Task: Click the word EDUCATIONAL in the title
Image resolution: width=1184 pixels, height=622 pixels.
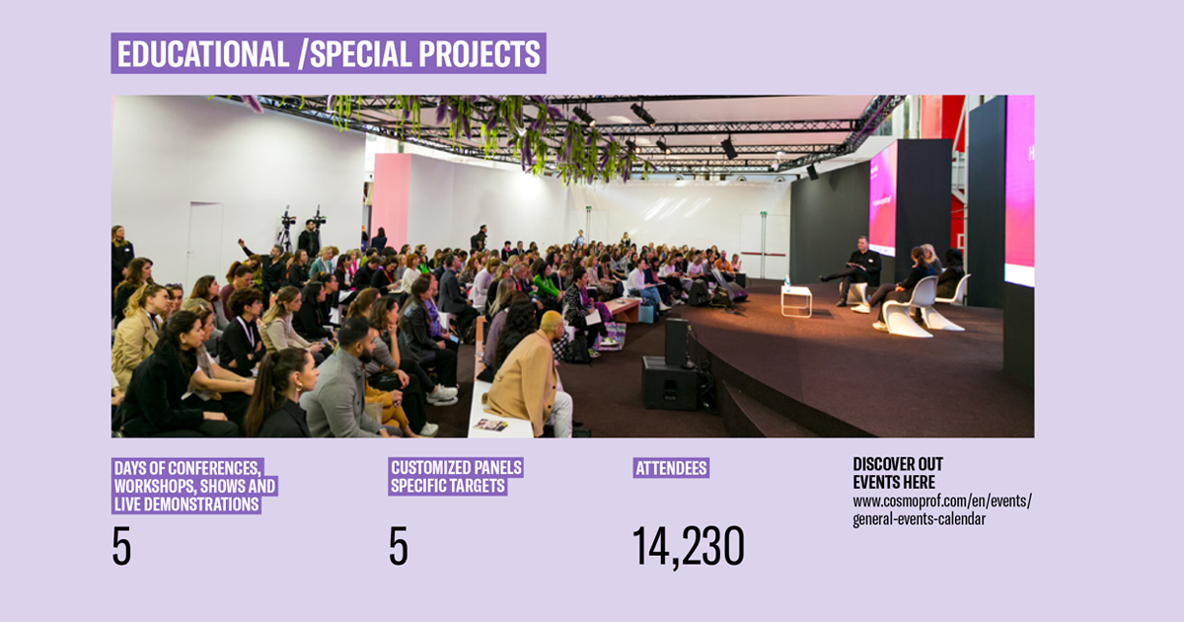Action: [203, 53]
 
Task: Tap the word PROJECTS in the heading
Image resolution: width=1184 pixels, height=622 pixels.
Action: [480, 53]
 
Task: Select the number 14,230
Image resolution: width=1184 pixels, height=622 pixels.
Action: [689, 547]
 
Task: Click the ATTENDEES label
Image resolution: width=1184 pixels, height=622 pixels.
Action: [671, 468]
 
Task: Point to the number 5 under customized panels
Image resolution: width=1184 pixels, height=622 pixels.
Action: [399, 546]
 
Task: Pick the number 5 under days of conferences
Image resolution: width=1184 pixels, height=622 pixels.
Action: [121, 546]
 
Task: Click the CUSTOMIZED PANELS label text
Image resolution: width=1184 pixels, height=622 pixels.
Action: [456, 468]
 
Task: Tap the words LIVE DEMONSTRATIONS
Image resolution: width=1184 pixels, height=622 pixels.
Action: [186, 505]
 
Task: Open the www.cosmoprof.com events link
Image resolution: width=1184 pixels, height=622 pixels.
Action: [942, 509]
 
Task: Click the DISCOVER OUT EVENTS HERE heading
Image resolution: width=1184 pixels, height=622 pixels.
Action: [898, 473]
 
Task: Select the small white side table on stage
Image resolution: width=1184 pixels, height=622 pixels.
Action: [796, 301]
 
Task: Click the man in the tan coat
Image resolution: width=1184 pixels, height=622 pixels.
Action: [530, 375]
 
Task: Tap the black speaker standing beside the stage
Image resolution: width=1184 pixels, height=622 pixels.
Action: [677, 343]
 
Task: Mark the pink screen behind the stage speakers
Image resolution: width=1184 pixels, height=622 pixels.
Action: [883, 199]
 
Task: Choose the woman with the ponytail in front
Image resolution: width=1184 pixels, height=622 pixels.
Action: [280, 393]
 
